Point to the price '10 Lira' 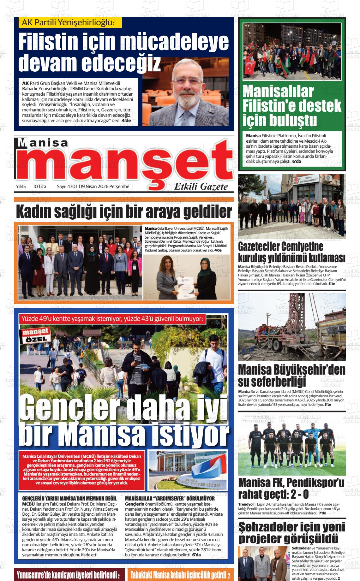pyautogui.click(x=39, y=187)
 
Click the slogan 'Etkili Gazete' pyautogui.click(x=201, y=187)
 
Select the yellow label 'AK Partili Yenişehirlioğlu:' pyautogui.click(x=68, y=23)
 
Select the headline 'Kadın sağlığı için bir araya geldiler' pyautogui.click(x=124, y=212)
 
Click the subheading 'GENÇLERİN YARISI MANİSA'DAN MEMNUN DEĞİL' pyautogui.click(x=69, y=499)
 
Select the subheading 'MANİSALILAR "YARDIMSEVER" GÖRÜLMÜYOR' pyautogui.click(x=170, y=499)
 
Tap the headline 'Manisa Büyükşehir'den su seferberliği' pyautogui.click(x=291, y=376)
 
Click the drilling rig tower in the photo pyautogui.click(x=295, y=319)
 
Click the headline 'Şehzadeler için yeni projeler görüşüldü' pyautogui.click(x=291, y=532)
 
